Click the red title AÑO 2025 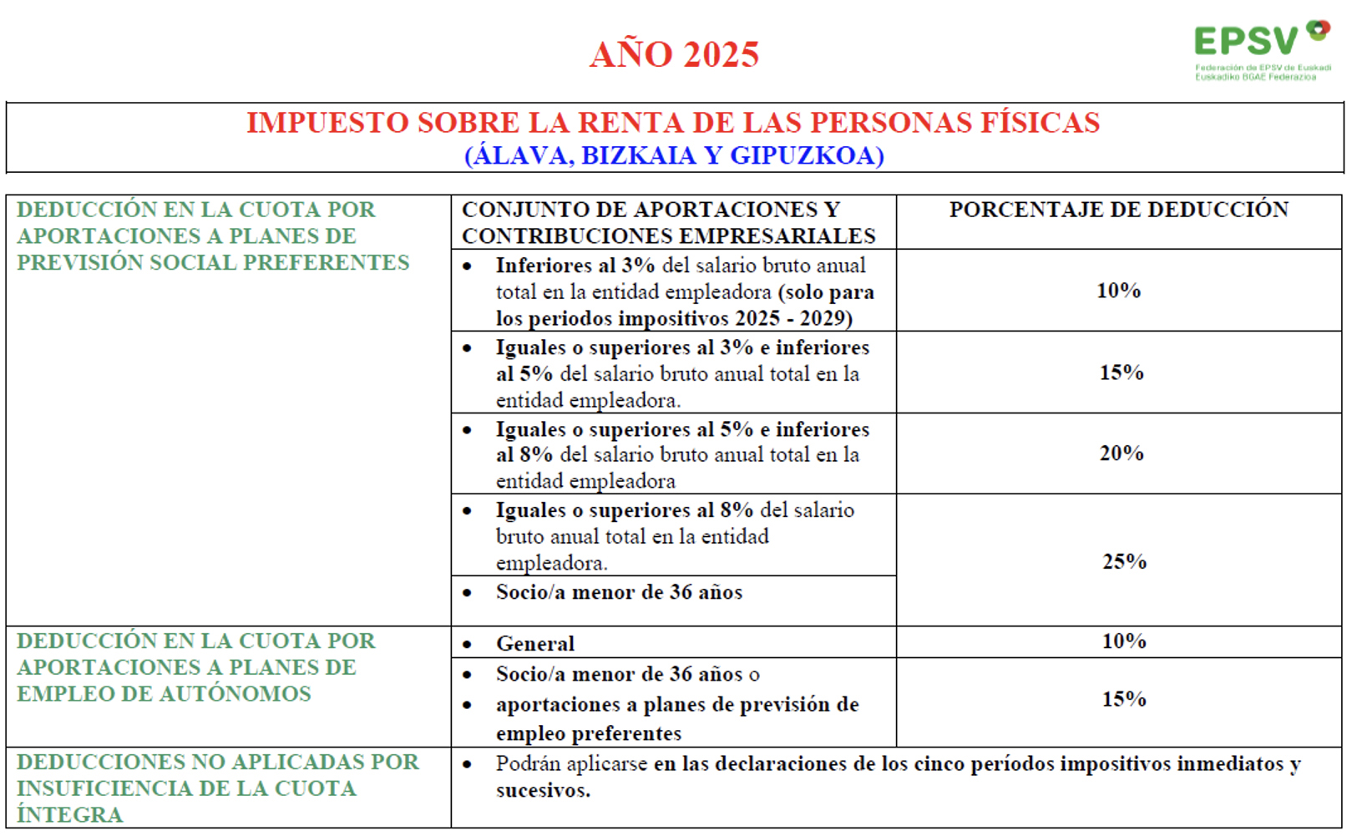tap(674, 55)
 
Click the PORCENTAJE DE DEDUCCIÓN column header tap(1118, 210)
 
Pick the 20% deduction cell tap(1121, 453)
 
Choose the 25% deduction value tap(1124, 561)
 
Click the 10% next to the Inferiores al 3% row tap(1118, 291)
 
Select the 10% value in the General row tap(1123, 641)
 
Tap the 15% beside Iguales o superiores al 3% tap(1121, 372)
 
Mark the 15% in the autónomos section tap(1123, 699)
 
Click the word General tap(535, 644)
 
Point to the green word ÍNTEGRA tap(69, 815)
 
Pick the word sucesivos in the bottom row tap(542, 791)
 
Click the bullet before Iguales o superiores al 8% tap(467, 511)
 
